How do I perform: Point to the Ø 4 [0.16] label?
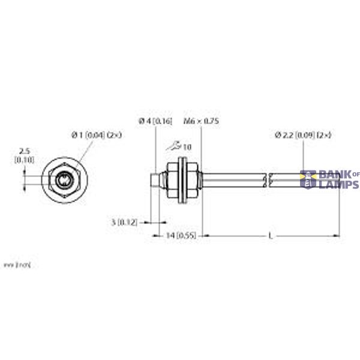pyautogui.click(x=155, y=121)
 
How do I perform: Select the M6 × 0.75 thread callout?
pyautogui.click(x=202, y=121)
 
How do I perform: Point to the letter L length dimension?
pyautogui.click(x=271, y=236)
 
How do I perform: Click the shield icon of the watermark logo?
pyautogui.click(x=308, y=179)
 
